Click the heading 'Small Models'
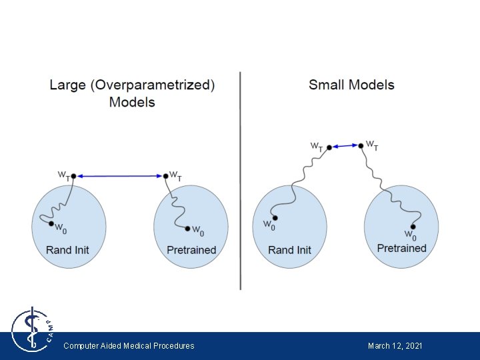[351, 85]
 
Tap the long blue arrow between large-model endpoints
[119, 176]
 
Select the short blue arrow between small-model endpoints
[345, 146]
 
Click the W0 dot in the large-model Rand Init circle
[51, 224]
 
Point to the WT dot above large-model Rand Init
[73, 176]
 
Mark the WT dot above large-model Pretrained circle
[165, 176]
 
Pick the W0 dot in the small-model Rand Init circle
[275, 218]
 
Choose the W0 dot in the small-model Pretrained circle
[413, 227]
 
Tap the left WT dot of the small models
[329, 148]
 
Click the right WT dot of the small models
[361, 145]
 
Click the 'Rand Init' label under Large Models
[67, 250]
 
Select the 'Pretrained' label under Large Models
[191, 250]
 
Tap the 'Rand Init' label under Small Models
[289, 250]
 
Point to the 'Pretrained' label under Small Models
[401, 248]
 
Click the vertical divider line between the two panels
[240, 180]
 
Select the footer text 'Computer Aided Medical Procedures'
[129, 345]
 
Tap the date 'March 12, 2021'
[395, 345]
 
